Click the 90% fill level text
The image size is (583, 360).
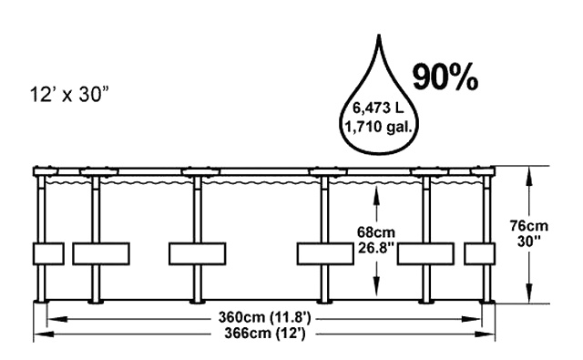pos(445,77)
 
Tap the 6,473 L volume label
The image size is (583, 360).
pos(378,108)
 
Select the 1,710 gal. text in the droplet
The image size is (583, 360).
pos(379,128)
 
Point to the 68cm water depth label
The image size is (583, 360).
pos(376,232)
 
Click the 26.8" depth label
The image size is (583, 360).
pos(376,247)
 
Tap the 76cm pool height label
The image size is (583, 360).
pos(528,226)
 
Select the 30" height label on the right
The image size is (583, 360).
pos(529,241)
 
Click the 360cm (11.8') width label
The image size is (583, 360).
pos(264,318)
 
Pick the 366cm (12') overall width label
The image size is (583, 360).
pos(265,334)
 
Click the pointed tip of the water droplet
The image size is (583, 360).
pos(379,35)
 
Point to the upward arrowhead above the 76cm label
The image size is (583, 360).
pos(528,175)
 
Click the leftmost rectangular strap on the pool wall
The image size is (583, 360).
pos(48,253)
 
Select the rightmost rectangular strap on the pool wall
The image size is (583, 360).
pos(480,253)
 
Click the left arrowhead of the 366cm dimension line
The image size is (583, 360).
pos(44,334)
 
